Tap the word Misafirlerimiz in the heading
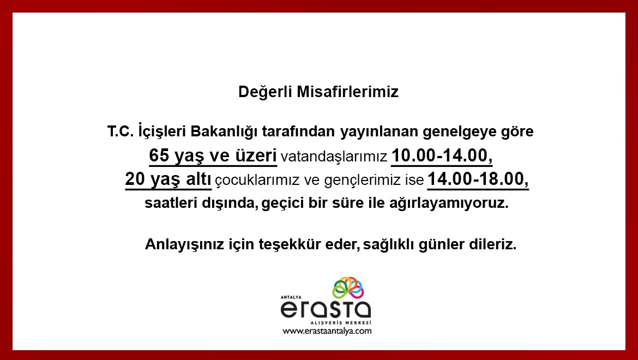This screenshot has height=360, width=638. [347, 92]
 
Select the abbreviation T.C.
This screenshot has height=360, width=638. [121, 131]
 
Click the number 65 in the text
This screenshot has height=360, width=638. [159, 155]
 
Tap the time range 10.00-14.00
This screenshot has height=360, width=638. [442, 156]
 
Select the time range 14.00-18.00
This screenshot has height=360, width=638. [478, 179]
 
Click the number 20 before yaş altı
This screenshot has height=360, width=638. [135, 179]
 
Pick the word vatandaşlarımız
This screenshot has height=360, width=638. [334, 157]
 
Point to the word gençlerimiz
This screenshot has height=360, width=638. [362, 181]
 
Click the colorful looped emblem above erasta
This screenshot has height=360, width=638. [348, 287]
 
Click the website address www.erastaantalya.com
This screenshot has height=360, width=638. [327, 331]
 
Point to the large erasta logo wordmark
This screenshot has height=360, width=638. [326, 310]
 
